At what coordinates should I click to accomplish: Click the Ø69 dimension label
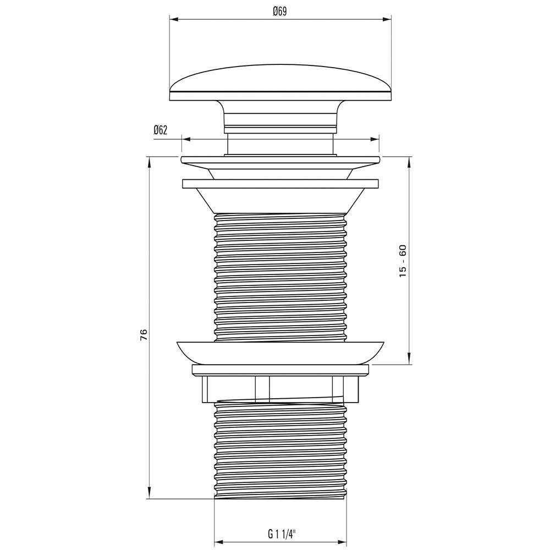coord(279,12)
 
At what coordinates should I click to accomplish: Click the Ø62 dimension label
coord(160,130)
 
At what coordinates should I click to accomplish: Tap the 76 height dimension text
coord(144,335)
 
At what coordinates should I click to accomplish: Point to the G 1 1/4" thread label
coord(282,534)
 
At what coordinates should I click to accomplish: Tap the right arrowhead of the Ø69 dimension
coord(387,20)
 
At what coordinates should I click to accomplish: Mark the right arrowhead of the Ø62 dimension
coord(375,139)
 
